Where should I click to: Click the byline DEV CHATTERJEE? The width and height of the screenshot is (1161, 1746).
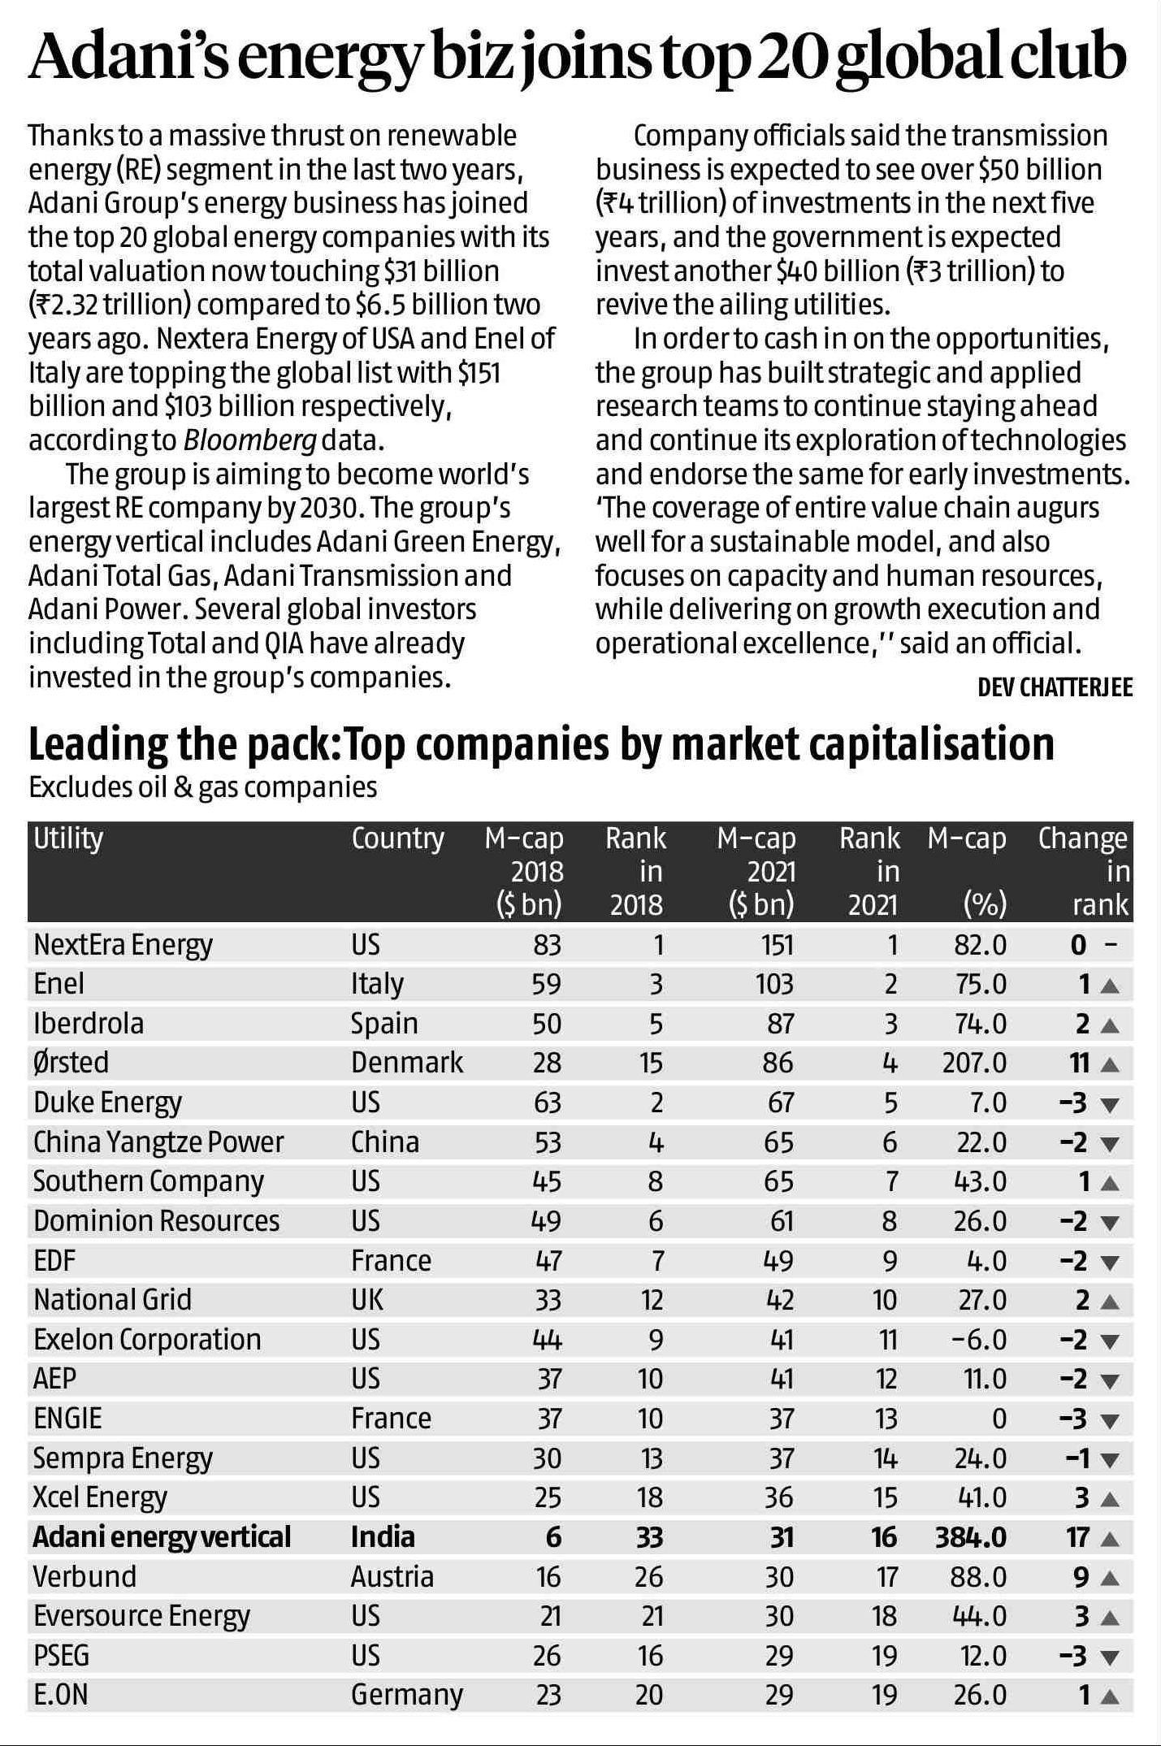coord(1055,687)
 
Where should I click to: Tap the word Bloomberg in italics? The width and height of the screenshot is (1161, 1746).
coord(249,440)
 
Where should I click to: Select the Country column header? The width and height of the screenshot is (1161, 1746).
coord(397,838)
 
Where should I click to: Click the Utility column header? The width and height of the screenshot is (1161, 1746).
coord(68,838)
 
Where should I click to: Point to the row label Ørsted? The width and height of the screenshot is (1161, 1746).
coord(71,1062)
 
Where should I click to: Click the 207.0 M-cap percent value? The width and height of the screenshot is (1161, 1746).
coord(974,1062)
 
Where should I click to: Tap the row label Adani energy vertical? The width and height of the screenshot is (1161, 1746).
coord(161,1536)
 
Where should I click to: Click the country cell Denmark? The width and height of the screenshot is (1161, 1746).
coord(406,1062)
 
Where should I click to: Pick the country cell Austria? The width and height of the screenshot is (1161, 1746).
coord(392,1576)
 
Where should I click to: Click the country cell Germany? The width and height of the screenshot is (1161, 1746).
coord(406,1695)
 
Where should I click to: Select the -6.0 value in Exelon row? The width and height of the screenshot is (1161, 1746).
coord(978,1339)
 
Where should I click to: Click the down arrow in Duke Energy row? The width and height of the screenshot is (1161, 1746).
coord(1110,1104)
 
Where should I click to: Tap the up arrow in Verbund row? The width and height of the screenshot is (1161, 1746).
coord(1110,1578)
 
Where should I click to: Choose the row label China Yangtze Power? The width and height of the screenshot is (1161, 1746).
coord(158,1142)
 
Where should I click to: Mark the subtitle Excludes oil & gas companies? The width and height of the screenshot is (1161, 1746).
coord(202,786)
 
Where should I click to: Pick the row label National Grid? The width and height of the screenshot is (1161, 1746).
coord(112,1299)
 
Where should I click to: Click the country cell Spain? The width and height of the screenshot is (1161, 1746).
coord(383,1023)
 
